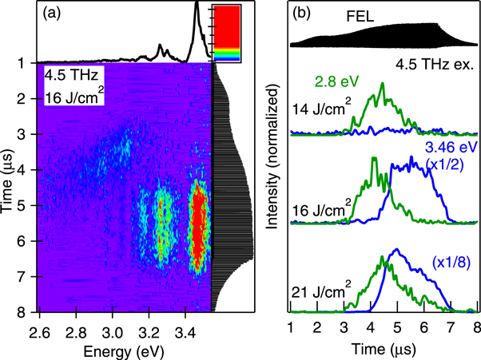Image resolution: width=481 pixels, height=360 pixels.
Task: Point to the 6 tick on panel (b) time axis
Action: point(424,327)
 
